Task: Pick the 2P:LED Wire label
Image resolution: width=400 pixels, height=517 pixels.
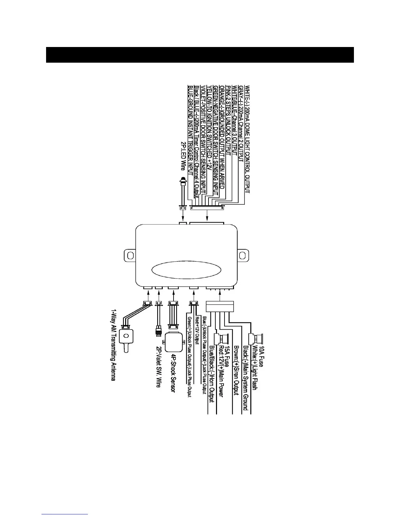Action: pyautogui.click(x=183, y=156)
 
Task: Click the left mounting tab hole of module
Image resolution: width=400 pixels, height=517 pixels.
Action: pyautogui.click(x=130, y=255)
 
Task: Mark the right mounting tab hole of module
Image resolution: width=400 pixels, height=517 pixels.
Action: pyautogui.click(x=242, y=255)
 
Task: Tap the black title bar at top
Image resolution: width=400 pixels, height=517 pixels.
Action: pyautogui.click(x=200, y=55)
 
